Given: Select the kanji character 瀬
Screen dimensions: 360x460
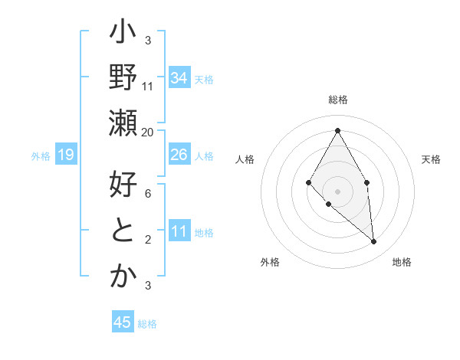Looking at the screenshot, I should pos(123,122).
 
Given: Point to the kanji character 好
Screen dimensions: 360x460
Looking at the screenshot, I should pos(123,185).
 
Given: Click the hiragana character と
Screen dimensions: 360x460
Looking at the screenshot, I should pos(123,231).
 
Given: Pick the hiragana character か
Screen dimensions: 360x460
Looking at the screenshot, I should pos(123,276).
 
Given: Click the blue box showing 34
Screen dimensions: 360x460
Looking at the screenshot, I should pos(179,78).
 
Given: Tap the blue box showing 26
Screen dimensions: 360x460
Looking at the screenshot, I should pos(179,155).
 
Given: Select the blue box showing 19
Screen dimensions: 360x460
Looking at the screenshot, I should pos(66,155).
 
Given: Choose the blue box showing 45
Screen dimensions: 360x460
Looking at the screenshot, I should pos(123,322).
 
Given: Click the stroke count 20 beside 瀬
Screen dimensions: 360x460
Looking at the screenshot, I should pos(148,132).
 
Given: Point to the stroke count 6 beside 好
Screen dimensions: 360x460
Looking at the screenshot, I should pos(148,195).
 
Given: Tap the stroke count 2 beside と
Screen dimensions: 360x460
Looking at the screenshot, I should pos(148,240).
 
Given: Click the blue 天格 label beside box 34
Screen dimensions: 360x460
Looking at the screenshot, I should pos(204,79).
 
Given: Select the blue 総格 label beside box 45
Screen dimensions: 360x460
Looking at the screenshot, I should pos(147,323).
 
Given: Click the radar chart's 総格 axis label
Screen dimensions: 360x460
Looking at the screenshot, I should pos(337,100).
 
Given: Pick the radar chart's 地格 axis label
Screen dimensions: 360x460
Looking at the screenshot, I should pos(402,262).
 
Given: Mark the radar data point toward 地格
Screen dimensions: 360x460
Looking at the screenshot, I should pos(374,241).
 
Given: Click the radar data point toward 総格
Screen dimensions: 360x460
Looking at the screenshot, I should pos(337,130).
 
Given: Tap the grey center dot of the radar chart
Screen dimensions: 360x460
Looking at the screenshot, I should pos(337,190).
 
